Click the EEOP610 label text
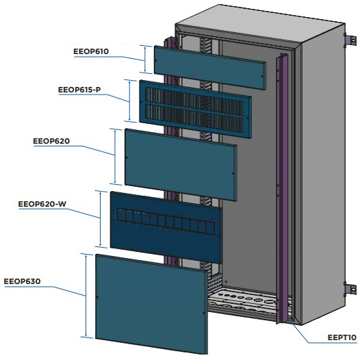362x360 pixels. (91, 51)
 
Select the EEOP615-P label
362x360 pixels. (79, 90)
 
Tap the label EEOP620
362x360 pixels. (51, 141)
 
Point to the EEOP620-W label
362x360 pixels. (42, 204)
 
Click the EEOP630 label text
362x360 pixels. (22, 281)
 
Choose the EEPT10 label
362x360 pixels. (342, 337)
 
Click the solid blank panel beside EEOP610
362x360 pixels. (210, 68)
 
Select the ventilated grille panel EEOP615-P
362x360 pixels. (195, 109)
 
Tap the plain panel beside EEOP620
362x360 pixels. (181, 165)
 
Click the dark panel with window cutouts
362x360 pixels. (166, 227)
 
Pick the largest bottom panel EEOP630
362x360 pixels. (152, 304)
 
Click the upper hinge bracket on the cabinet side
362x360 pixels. (350, 40)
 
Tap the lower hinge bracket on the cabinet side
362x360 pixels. (350, 289)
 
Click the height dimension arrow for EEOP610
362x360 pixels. (145, 59)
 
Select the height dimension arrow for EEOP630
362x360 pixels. (86, 296)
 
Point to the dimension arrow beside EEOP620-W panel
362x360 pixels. (101, 219)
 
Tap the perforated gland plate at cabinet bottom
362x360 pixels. (242, 300)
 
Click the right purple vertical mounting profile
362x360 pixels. (282, 188)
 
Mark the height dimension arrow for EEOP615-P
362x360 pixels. (130, 101)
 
